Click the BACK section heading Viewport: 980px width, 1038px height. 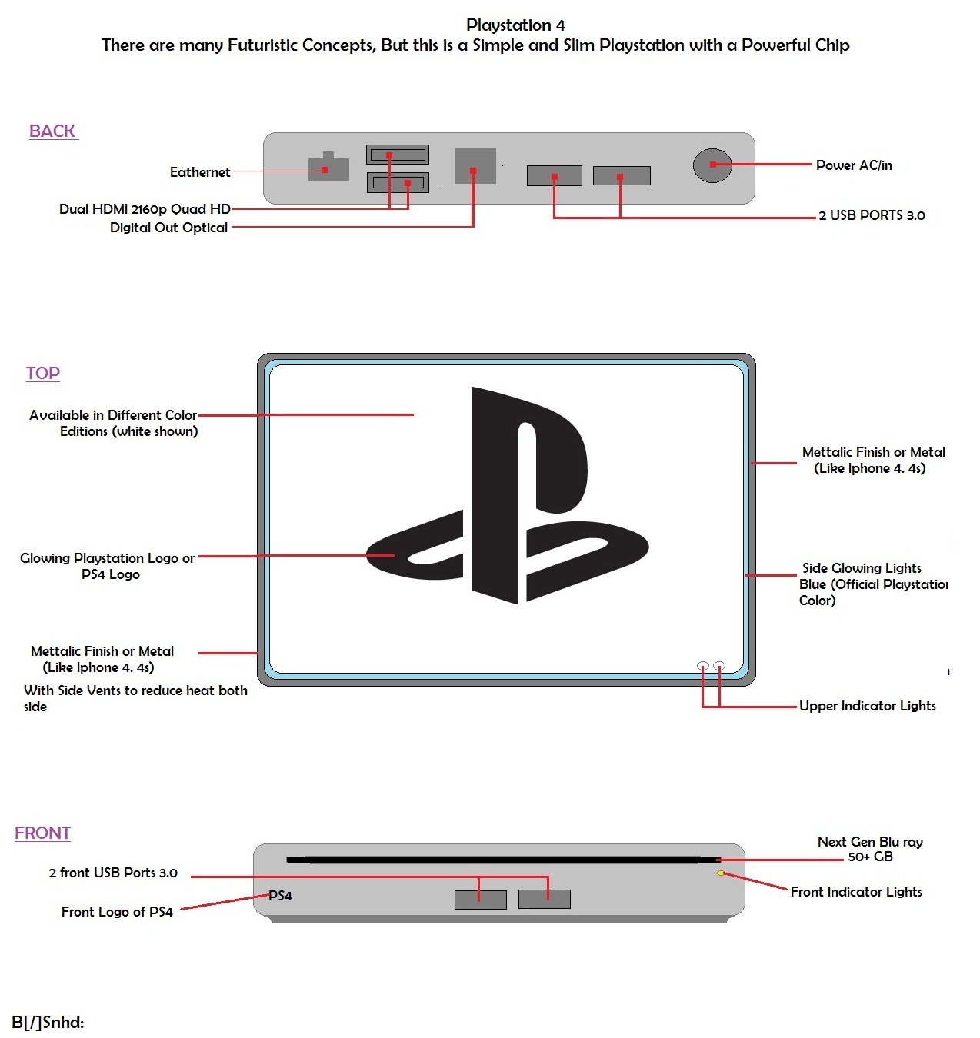click(52, 131)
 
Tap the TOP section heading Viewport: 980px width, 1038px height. click(43, 374)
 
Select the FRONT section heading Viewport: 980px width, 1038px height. click(43, 833)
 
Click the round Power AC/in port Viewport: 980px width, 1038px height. click(712, 165)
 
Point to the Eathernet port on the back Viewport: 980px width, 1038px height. click(328, 168)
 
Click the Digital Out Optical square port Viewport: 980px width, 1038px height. click(475, 166)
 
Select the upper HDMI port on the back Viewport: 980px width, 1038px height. click(398, 155)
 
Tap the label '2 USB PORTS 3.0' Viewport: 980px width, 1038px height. click(872, 215)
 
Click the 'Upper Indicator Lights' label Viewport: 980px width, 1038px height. click(867, 706)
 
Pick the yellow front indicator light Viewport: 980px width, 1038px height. click(721, 873)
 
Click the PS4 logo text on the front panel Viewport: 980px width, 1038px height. click(280, 896)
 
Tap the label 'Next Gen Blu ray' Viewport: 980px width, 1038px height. click(870, 842)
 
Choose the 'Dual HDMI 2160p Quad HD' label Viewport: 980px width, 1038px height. click(145, 209)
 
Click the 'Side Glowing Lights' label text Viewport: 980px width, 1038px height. click(862, 568)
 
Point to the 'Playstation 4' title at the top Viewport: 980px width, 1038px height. click(515, 25)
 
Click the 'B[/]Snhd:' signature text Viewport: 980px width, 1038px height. click(48, 1022)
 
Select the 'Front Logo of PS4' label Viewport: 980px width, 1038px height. click(117, 912)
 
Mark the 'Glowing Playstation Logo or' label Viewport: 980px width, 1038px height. click(107, 558)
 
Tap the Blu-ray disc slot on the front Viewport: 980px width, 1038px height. click(500, 860)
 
